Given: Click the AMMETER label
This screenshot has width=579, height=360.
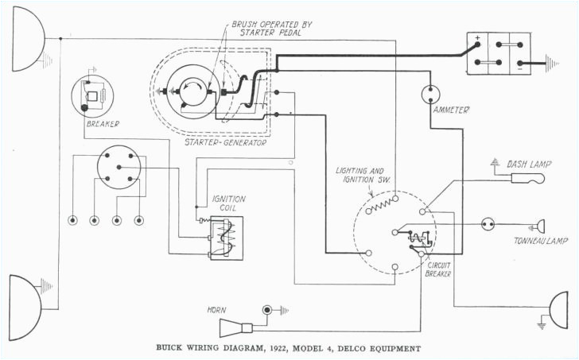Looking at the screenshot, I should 450,110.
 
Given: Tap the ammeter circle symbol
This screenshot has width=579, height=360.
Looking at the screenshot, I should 431,95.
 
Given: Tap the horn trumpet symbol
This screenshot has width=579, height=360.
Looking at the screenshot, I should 235,327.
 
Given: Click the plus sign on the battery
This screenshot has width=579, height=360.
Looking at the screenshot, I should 476,38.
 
